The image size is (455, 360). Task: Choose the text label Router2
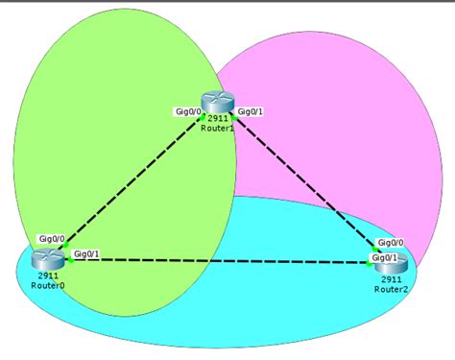[x=392, y=288]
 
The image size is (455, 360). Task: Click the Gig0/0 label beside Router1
[x=187, y=111]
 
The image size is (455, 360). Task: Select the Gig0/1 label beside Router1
[x=251, y=111]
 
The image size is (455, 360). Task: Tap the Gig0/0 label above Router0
[x=52, y=237]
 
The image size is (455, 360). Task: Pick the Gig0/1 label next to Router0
[x=86, y=253]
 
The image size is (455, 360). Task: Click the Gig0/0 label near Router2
[x=391, y=243]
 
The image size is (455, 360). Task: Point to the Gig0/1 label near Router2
[x=385, y=257]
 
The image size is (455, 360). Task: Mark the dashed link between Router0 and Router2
[x=221, y=260]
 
